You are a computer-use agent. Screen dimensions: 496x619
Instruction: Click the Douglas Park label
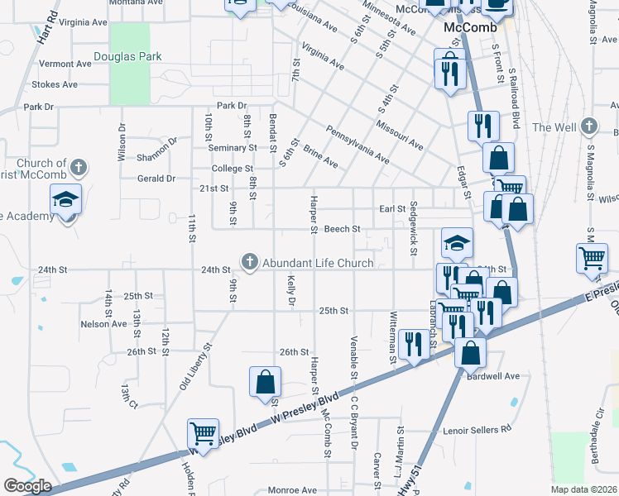[127, 56]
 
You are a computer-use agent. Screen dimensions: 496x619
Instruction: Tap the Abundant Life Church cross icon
[249, 262]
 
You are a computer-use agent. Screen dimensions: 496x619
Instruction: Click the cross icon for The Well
[588, 126]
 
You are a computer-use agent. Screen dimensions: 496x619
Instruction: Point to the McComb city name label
[470, 27]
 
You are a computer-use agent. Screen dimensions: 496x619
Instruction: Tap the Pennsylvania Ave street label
[357, 143]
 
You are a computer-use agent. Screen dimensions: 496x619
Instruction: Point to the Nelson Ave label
[103, 324]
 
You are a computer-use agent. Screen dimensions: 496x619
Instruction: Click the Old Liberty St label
[196, 366]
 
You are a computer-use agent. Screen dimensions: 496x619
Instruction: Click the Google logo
[27, 486]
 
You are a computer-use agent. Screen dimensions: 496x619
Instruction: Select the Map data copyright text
[585, 489]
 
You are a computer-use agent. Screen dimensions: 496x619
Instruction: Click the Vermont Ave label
[65, 64]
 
